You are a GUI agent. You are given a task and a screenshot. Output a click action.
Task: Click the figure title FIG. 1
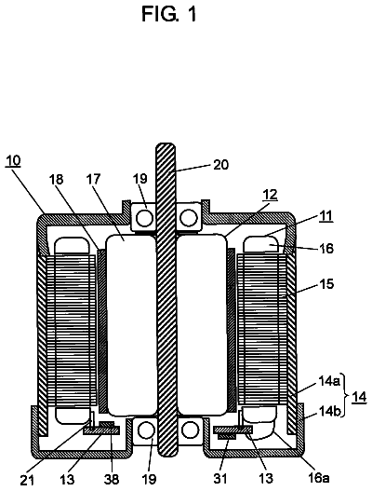169,14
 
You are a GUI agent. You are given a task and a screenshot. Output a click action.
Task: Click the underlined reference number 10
13,160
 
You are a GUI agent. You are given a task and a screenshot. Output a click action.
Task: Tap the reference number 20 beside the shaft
220,164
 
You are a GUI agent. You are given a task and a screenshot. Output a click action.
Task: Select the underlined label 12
270,195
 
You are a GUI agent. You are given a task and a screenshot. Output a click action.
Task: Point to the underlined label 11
325,216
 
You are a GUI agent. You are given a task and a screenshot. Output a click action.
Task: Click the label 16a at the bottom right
318,478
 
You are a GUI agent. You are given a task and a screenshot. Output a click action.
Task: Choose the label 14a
328,382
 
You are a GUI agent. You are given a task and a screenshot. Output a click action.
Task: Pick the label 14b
328,410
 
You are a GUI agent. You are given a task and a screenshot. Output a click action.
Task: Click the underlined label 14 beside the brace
359,398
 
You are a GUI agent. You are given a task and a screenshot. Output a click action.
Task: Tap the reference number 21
28,480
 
